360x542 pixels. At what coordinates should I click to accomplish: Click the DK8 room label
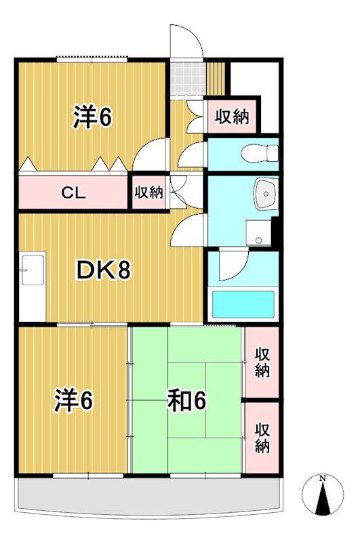[104, 270]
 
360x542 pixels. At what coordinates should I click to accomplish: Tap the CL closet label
[73, 192]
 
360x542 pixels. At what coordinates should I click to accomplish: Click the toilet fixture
[260, 153]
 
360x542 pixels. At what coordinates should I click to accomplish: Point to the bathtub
[243, 304]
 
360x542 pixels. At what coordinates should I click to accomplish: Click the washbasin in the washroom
[266, 194]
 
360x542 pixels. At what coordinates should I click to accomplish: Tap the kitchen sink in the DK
[33, 270]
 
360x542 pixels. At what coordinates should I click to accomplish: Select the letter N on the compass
[323, 479]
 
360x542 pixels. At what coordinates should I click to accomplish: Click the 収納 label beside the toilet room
[232, 117]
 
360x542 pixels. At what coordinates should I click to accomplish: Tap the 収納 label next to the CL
[148, 192]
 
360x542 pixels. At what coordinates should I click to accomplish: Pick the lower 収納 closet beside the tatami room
[262, 438]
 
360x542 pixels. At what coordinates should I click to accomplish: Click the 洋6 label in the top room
[92, 117]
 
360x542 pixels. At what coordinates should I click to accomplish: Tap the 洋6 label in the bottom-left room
[73, 400]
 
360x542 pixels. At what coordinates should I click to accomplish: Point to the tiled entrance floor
[188, 79]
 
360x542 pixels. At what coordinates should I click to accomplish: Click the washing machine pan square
[258, 233]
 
